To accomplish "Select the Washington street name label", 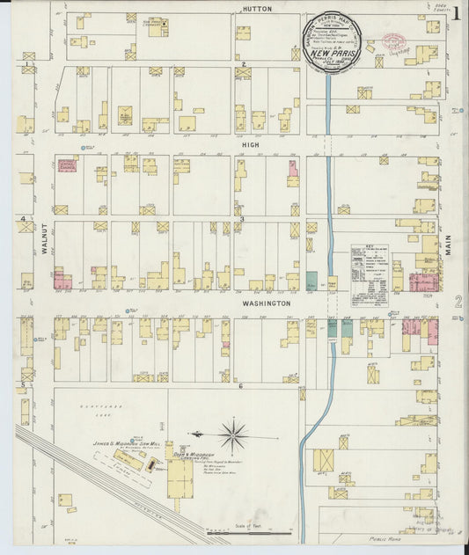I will tap(266, 303).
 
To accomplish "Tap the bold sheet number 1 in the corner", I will tap(457, 12).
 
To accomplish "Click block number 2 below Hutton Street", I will tap(242, 64).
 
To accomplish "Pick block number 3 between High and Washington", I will tap(241, 219).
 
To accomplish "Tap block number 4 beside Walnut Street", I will tap(22, 218).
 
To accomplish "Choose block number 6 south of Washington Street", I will tap(239, 386).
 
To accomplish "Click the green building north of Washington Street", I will tap(311, 281).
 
